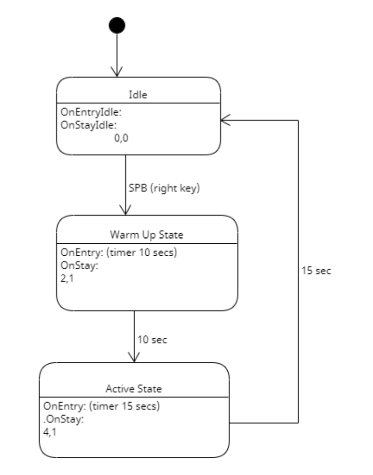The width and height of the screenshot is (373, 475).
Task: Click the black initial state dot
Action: tap(117, 24)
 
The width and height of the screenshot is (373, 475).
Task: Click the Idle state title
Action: tap(139, 95)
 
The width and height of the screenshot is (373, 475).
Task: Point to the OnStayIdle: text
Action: tap(89, 125)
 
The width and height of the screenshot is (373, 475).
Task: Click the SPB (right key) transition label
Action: tap(163, 189)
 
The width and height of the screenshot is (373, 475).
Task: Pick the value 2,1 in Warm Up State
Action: tap(67, 277)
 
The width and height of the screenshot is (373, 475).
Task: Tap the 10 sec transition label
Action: tap(152, 340)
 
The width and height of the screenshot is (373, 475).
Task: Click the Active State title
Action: tap(134, 388)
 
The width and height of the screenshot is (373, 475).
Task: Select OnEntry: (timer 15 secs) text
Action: tap(101, 406)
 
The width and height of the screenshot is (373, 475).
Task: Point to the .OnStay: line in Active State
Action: tap(63, 419)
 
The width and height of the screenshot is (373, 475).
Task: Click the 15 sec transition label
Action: tap(316, 270)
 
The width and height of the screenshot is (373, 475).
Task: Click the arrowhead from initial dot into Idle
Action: tap(117, 71)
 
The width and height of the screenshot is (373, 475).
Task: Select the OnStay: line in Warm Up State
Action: tap(79, 265)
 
